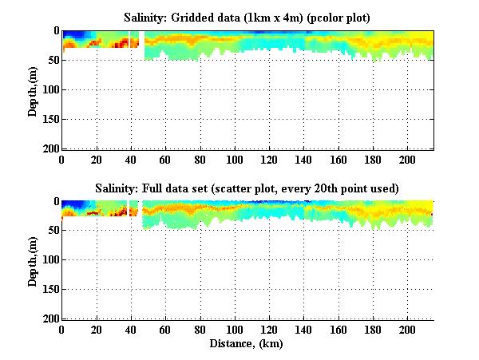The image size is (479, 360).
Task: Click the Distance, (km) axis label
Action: click(x=247, y=345)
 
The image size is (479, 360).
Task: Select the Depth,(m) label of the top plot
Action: click(x=33, y=89)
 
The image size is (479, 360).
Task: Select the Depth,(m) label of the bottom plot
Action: click(x=33, y=260)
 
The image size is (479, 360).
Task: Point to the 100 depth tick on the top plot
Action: click(x=49, y=89)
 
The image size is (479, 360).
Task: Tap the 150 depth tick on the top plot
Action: click(x=49, y=119)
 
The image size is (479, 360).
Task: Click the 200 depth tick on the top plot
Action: click(x=49, y=148)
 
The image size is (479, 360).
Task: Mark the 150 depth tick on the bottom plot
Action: click(x=49, y=290)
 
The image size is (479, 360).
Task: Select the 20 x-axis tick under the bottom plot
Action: click(x=97, y=329)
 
